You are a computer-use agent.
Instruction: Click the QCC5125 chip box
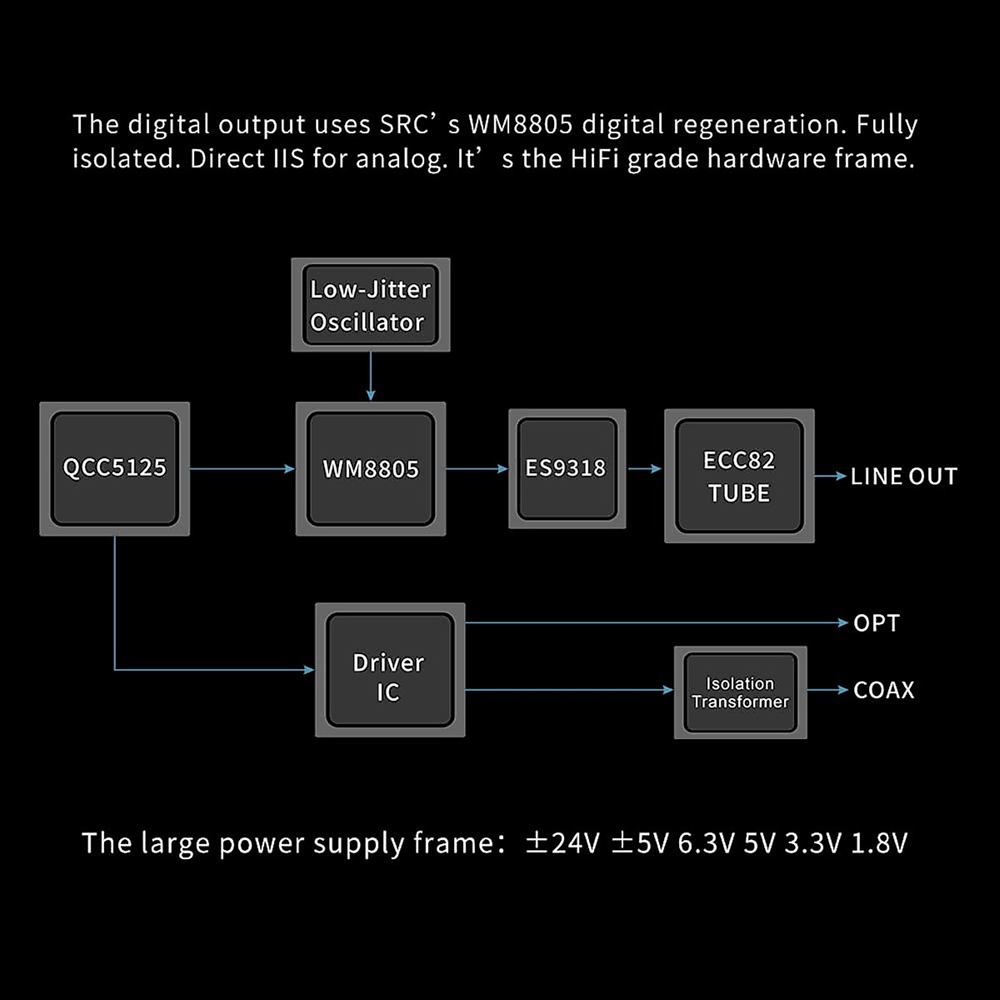[115, 468]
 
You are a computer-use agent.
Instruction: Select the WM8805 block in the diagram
[371, 469]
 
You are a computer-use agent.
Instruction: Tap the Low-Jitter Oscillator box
[371, 305]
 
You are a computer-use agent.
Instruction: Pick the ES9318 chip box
[567, 468]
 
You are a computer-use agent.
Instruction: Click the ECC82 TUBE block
[739, 477]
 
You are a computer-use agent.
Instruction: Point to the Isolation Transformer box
[740, 692]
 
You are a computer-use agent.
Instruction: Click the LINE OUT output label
[903, 477]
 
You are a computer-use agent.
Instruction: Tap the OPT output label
[876, 623]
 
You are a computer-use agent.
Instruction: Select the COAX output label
[883, 690]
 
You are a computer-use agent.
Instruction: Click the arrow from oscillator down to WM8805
[371, 377]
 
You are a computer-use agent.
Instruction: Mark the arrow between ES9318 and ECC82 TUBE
[644, 469]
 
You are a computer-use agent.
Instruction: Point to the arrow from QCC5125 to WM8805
[242, 469]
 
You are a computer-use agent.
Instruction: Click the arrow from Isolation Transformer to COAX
[827, 690]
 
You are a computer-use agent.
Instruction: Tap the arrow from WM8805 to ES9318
[477, 469]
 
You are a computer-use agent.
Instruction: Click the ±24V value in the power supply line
[562, 843]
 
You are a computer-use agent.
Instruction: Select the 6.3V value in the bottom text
[706, 843]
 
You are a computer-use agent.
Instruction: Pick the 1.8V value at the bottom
[878, 843]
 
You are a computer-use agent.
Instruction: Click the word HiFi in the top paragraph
[595, 158]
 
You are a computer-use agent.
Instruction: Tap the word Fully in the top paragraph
[887, 125]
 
